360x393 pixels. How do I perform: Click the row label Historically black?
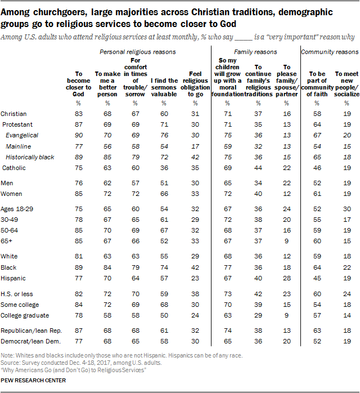[x=30, y=157]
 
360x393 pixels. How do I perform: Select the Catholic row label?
[x=15, y=168]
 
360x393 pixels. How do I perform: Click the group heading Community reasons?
[x=330, y=52]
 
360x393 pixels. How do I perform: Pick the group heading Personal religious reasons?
[x=138, y=52]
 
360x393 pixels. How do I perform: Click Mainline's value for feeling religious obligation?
[x=195, y=146]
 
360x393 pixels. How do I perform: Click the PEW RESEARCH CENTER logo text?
[x=34, y=381]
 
